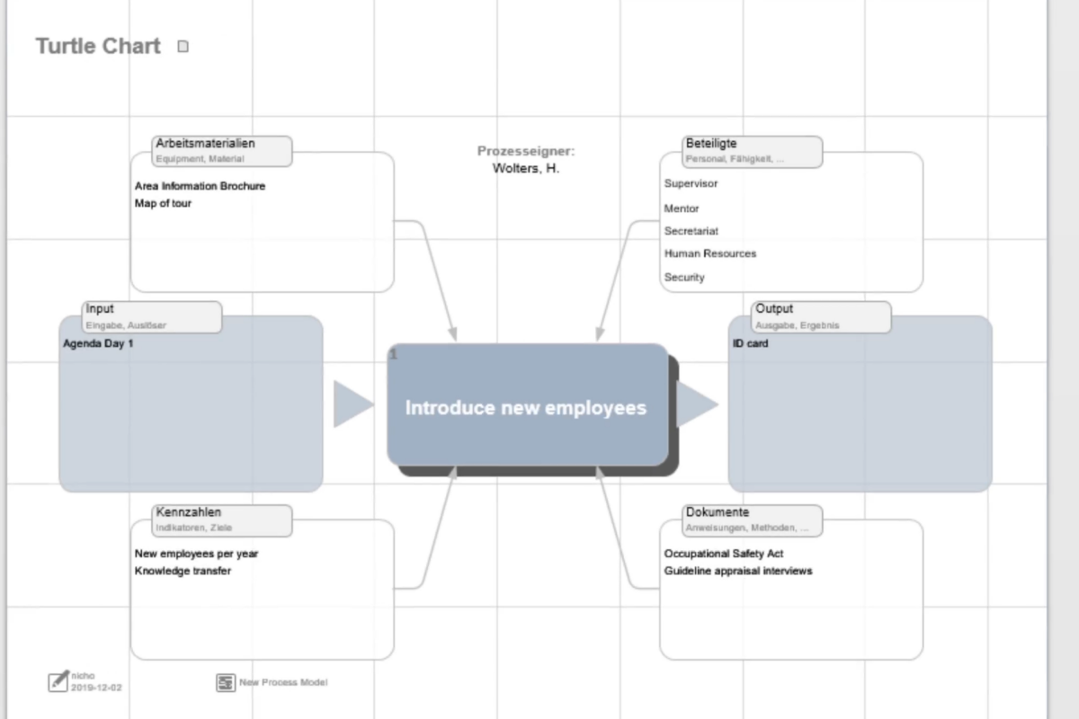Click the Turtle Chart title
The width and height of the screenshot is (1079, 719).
tap(98, 47)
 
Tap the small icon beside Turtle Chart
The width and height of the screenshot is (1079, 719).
tap(183, 47)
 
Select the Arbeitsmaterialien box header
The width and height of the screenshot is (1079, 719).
tap(223, 150)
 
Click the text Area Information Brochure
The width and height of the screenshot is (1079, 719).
tap(200, 186)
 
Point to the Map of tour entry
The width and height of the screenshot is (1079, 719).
tap(163, 203)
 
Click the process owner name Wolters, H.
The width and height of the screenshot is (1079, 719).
tap(526, 168)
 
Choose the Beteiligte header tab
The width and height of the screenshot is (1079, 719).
tap(753, 150)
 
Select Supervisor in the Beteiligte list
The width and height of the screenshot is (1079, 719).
tap(691, 183)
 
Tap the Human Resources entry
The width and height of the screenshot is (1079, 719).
tap(709, 253)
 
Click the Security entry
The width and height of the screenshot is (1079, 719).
tap(684, 278)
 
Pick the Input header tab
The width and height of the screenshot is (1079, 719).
tap(152, 316)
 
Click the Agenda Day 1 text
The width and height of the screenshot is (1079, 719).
tap(98, 343)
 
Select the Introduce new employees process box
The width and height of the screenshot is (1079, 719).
tap(527, 407)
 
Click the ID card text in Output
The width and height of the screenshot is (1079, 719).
tap(750, 343)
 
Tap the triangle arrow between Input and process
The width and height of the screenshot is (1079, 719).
tap(351, 404)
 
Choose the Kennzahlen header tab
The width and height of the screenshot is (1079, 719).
tap(223, 519)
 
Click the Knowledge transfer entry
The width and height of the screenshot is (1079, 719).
tap(183, 571)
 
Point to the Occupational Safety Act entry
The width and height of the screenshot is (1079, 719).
tap(724, 554)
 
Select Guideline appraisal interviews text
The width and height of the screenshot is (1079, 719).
tap(737, 571)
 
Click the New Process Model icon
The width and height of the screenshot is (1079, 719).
tap(226, 683)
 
